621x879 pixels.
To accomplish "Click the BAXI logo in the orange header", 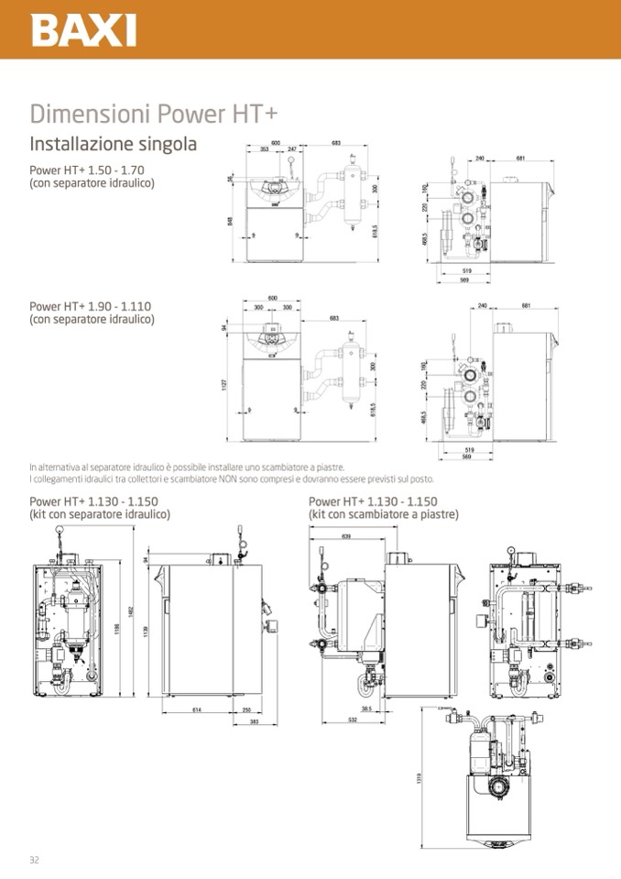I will [x=83, y=29].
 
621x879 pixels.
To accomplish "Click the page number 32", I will [x=34, y=859].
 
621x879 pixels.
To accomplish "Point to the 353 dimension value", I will [x=264, y=148].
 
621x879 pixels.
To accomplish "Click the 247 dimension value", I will [x=292, y=148].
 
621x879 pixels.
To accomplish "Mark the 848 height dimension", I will [x=231, y=220].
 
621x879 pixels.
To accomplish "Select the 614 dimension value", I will [x=196, y=709].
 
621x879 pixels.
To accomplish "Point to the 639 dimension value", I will [x=346, y=536].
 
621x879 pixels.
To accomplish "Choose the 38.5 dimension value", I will [x=365, y=709].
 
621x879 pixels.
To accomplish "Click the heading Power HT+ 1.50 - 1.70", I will [x=87, y=170].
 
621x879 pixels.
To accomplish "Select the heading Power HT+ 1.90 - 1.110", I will [x=90, y=307].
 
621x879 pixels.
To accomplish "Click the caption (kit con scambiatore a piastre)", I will [x=384, y=514].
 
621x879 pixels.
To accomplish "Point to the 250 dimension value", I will [x=246, y=709].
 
